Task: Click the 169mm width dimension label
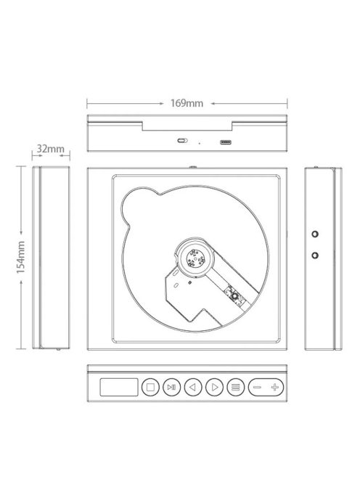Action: pyautogui.click(x=187, y=103)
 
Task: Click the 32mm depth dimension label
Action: pyautogui.click(x=51, y=149)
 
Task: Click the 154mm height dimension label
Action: pyautogui.click(x=20, y=257)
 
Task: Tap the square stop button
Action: pyautogui.click(x=150, y=388)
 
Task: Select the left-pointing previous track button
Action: pyautogui.click(x=193, y=388)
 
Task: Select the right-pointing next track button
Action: pyautogui.click(x=214, y=388)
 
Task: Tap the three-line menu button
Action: pyautogui.click(x=235, y=388)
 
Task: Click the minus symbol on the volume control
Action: pyautogui.click(x=257, y=388)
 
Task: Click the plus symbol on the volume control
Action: pyautogui.click(x=275, y=388)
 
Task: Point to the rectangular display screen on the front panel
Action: pyautogui.click(x=119, y=388)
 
